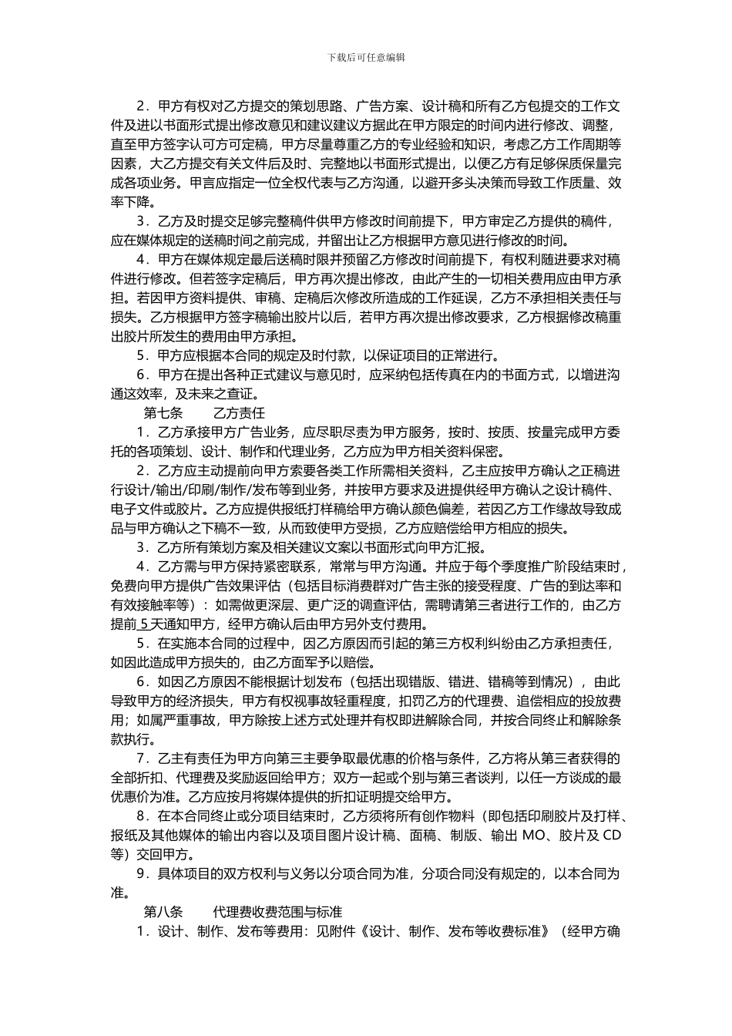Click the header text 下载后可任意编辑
366,57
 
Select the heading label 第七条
163,413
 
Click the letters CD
611,836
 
